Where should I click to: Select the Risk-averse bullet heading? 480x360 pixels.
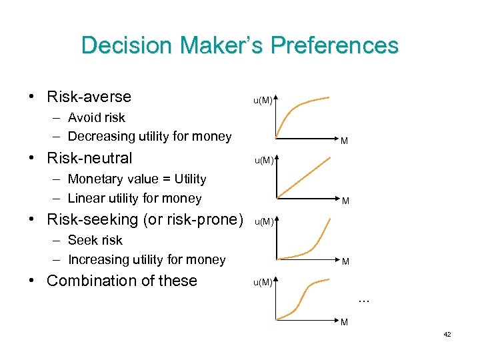click(x=89, y=97)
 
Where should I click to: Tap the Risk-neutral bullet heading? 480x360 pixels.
click(x=89, y=158)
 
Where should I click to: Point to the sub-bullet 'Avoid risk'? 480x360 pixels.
click(x=96, y=117)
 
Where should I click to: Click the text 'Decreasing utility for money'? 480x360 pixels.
click(x=149, y=137)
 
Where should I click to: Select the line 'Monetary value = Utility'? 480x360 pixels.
click(x=137, y=179)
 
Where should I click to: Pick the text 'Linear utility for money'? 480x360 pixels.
click(x=134, y=198)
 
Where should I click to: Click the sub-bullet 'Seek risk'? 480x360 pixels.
click(x=95, y=240)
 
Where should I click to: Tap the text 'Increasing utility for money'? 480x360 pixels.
click(x=147, y=259)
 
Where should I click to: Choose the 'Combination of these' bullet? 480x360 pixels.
click(x=121, y=281)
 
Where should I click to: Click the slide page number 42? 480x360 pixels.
click(x=447, y=334)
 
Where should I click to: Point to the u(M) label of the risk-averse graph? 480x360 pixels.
click(x=262, y=101)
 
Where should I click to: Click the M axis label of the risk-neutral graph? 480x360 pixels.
click(x=345, y=200)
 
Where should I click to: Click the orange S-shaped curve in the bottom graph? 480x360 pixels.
click(x=304, y=293)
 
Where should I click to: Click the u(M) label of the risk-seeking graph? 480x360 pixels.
click(x=263, y=222)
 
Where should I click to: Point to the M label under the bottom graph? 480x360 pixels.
click(x=345, y=323)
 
